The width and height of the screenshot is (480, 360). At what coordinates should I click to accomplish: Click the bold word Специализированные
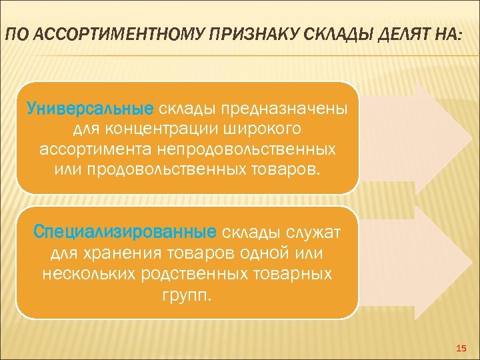(125, 233)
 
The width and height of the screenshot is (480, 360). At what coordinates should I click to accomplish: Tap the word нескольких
(89, 274)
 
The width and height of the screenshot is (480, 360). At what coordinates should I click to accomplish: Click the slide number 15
(462, 349)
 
